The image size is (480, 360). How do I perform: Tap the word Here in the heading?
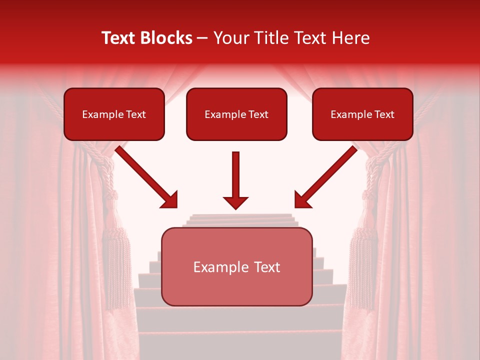[x=350, y=38]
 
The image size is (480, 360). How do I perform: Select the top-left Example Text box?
[x=114, y=114]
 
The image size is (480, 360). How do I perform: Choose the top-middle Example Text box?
[x=236, y=114]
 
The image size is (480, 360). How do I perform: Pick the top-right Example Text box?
[x=362, y=114]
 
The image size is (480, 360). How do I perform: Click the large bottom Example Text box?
[x=236, y=267]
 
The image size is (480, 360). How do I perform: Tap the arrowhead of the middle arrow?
[x=235, y=202]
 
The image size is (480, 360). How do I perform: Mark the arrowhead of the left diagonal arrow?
[x=170, y=200]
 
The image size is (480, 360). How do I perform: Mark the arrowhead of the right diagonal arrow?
[x=301, y=200]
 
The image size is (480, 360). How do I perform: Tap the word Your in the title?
[x=229, y=38]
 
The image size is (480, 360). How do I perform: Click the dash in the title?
[x=203, y=38]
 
